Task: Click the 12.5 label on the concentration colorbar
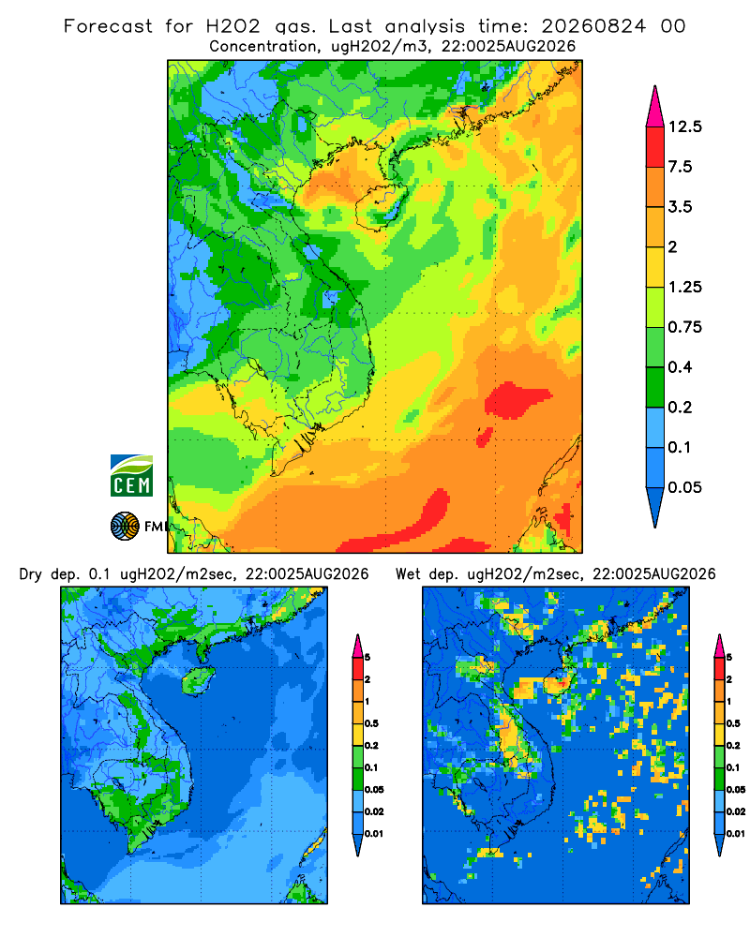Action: [x=684, y=126]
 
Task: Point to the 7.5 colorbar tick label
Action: [x=680, y=166]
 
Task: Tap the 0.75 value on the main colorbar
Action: [x=684, y=327]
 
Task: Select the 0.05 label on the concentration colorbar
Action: [x=684, y=487]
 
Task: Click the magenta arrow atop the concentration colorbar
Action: [x=655, y=108]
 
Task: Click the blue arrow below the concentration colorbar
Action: [x=655, y=507]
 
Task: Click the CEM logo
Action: [x=131, y=475]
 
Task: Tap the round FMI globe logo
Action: [x=125, y=527]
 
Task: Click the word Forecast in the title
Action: [x=108, y=26]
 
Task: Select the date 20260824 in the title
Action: [x=593, y=26]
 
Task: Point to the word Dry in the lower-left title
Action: [x=31, y=574]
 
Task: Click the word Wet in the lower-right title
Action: [x=409, y=574]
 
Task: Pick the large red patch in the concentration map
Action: [x=516, y=400]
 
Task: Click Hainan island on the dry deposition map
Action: [x=199, y=680]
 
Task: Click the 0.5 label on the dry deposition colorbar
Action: [x=371, y=723]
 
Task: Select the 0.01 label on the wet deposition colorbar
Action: [x=735, y=833]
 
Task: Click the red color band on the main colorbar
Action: [x=655, y=146]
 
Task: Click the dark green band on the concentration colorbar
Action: [x=655, y=387]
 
